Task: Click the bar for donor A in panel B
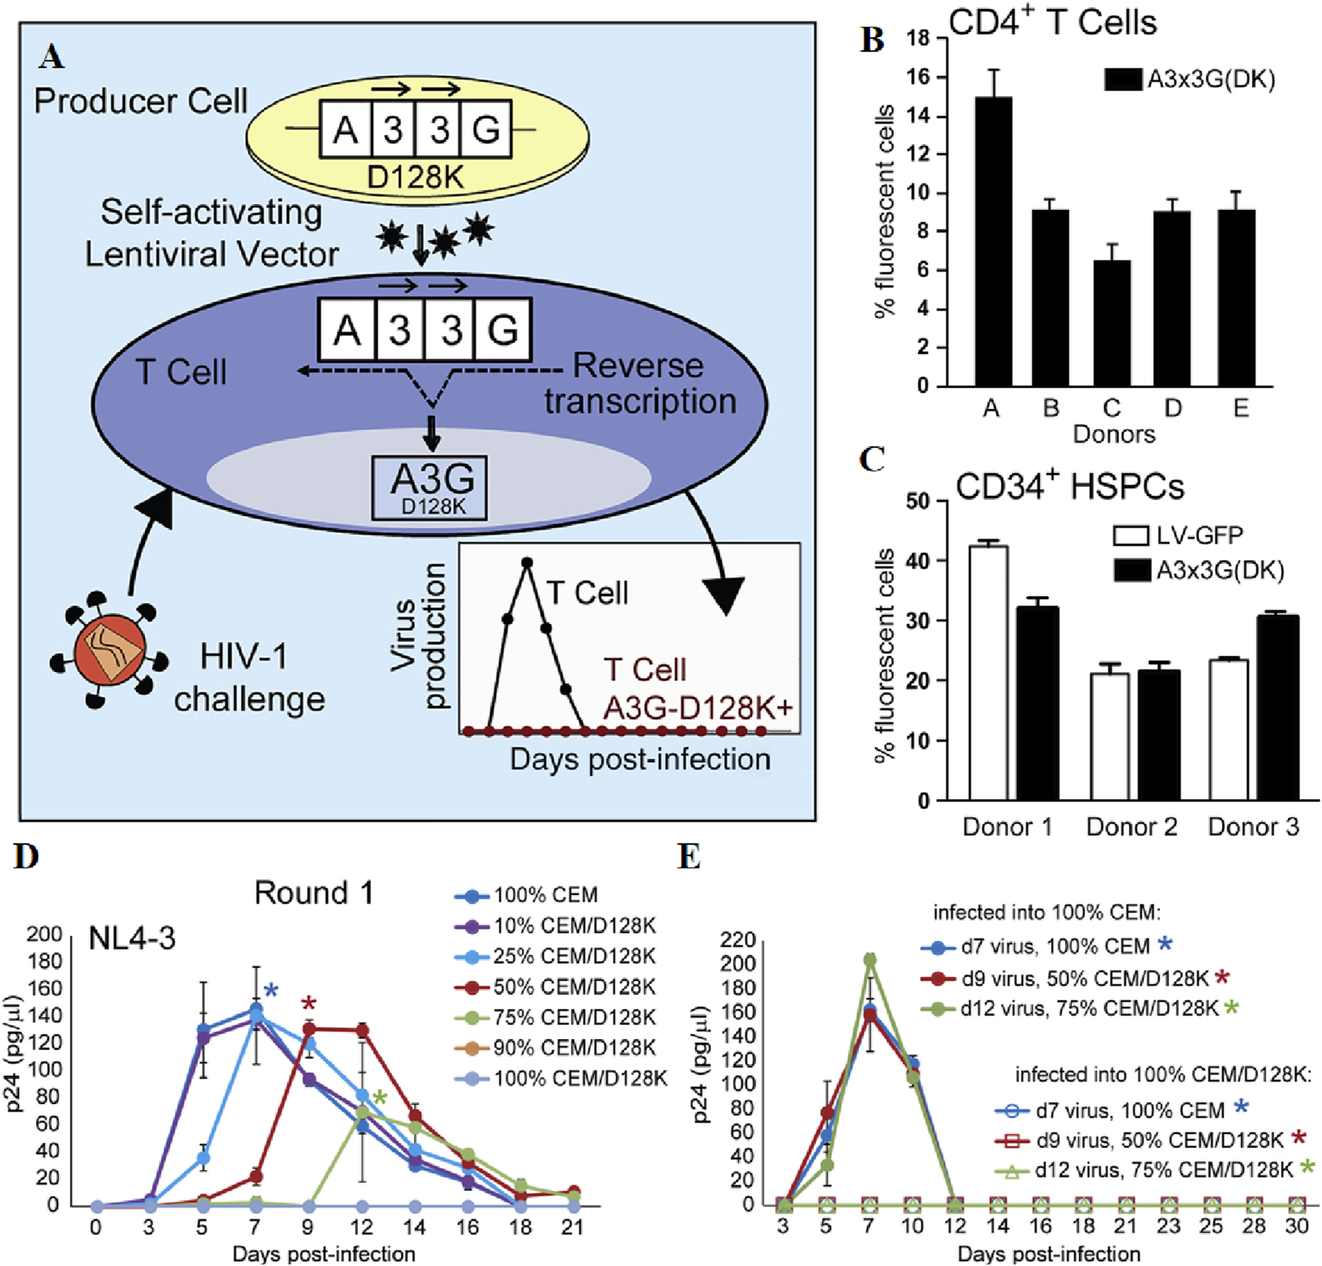click(993, 240)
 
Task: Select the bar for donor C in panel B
click(1112, 322)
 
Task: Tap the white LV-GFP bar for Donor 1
click(989, 672)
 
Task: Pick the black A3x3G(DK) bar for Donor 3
click(1277, 707)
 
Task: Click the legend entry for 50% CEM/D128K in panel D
click(555, 987)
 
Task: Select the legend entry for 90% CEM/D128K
click(555, 1048)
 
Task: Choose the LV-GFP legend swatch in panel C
click(1130, 535)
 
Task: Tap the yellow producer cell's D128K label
click(416, 178)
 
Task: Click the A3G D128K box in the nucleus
click(430, 487)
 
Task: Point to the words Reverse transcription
click(639, 383)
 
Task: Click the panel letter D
click(26, 855)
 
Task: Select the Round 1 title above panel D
click(313, 893)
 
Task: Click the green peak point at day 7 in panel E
click(870, 960)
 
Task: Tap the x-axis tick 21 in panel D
click(573, 1228)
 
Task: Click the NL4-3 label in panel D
click(132, 938)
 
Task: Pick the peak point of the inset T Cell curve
click(527, 562)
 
